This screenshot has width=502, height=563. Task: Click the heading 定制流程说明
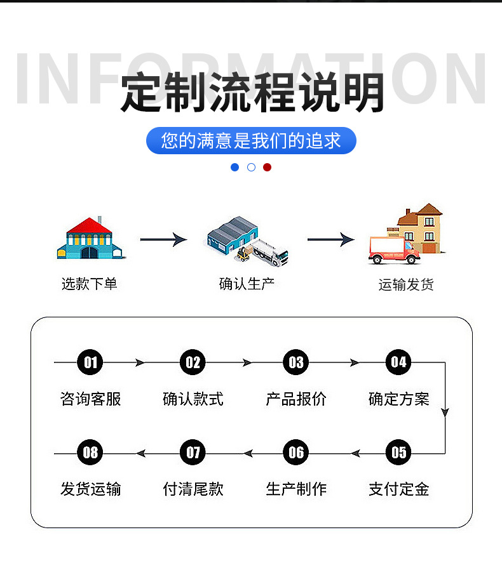coord(252,93)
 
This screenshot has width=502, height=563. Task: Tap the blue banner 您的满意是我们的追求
coord(251,140)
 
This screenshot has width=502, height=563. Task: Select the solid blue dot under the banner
coord(235,167)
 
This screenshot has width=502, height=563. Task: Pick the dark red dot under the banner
coord(267,167)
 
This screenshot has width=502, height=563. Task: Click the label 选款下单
coord(89,284)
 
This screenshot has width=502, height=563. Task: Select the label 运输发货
coord(406,285)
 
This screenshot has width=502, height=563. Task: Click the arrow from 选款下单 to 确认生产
coord(163,239)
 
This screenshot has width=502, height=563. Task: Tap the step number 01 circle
coord(90,362)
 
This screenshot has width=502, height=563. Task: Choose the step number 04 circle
coord(398,362)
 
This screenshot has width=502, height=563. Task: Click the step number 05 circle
coord(398,453)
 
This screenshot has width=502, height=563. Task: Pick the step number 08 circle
coord(90,453)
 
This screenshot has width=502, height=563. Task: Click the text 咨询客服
coord(90,399)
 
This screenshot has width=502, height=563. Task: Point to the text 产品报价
coord(296,399)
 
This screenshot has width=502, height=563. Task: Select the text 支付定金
coord(398,489)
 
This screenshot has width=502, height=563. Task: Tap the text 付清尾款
coord(193,489)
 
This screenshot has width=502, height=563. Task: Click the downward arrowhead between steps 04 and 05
coord(445,412)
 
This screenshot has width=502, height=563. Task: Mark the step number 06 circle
coord(296,453)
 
